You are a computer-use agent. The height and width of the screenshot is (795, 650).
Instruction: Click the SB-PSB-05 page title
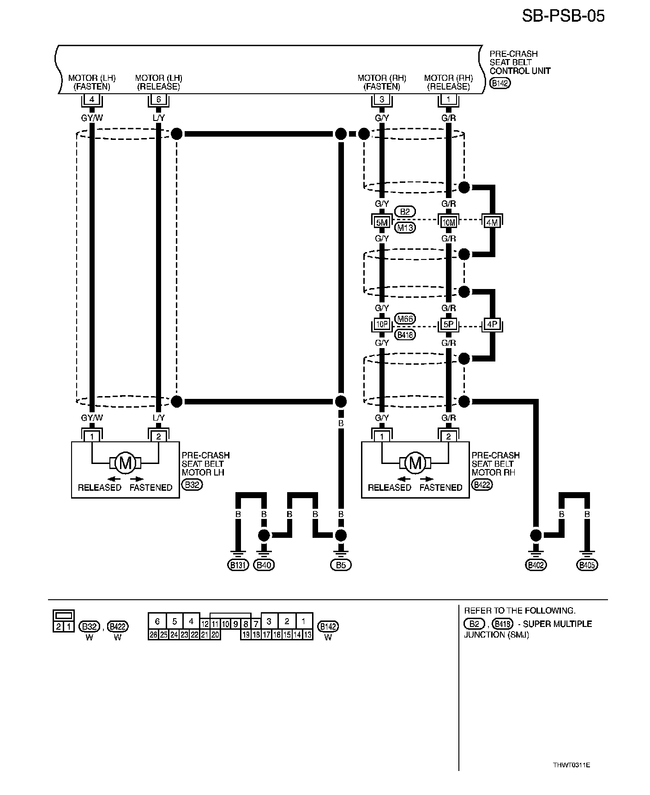point(563,16)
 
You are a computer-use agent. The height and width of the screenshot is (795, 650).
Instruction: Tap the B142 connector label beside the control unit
point(500,84)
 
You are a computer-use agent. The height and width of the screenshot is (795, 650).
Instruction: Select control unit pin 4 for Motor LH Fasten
point(92,99)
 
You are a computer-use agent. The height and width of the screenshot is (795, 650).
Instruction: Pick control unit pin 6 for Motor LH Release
point(158,99)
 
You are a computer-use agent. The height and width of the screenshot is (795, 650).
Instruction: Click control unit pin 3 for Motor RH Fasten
point(382,99)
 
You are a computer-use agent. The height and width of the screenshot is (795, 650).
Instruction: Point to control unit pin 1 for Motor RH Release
point(448,99)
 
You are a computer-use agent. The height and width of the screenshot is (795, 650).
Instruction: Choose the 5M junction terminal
point(382,222)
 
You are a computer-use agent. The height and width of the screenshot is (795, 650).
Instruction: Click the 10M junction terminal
point(448,222)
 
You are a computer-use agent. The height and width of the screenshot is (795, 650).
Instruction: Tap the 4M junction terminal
point(492,222)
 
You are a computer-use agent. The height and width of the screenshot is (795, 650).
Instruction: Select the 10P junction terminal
point(382,325)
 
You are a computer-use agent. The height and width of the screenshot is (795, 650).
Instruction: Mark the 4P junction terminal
point(492,325)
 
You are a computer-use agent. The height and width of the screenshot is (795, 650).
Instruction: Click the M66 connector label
point(405,319)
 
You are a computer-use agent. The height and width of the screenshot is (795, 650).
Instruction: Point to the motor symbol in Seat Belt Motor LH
point(125,462)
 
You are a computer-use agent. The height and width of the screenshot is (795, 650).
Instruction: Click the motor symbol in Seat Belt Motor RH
point(415,462)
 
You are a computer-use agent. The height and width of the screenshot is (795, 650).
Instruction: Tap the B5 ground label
point(341,565)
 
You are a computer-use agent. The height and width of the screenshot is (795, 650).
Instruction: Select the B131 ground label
point(238,565)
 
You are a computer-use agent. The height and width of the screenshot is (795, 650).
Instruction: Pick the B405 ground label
point(587,565)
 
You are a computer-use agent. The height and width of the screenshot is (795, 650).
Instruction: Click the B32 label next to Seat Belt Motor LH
point(193,485)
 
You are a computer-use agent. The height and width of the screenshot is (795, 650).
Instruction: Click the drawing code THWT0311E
point(572,765)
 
